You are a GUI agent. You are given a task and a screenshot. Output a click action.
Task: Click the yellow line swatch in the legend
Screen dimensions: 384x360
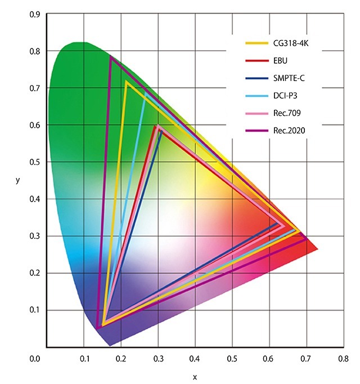click(x=255, y=43)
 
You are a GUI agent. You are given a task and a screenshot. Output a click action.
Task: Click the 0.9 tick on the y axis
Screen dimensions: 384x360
click(x=35, y=14)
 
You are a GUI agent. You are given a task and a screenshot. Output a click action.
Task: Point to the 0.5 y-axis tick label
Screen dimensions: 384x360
click(x=35, y=162)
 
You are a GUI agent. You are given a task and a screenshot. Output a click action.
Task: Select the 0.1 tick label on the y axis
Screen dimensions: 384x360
click(x=35, y=310)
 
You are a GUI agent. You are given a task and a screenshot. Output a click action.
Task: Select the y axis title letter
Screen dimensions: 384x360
click(x=18, y=181)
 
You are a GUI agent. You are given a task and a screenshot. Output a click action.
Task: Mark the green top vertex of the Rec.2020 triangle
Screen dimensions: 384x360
click(x=111, y=57)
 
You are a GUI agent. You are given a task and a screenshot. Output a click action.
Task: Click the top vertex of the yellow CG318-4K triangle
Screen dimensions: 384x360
click(x=127, y=83)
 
